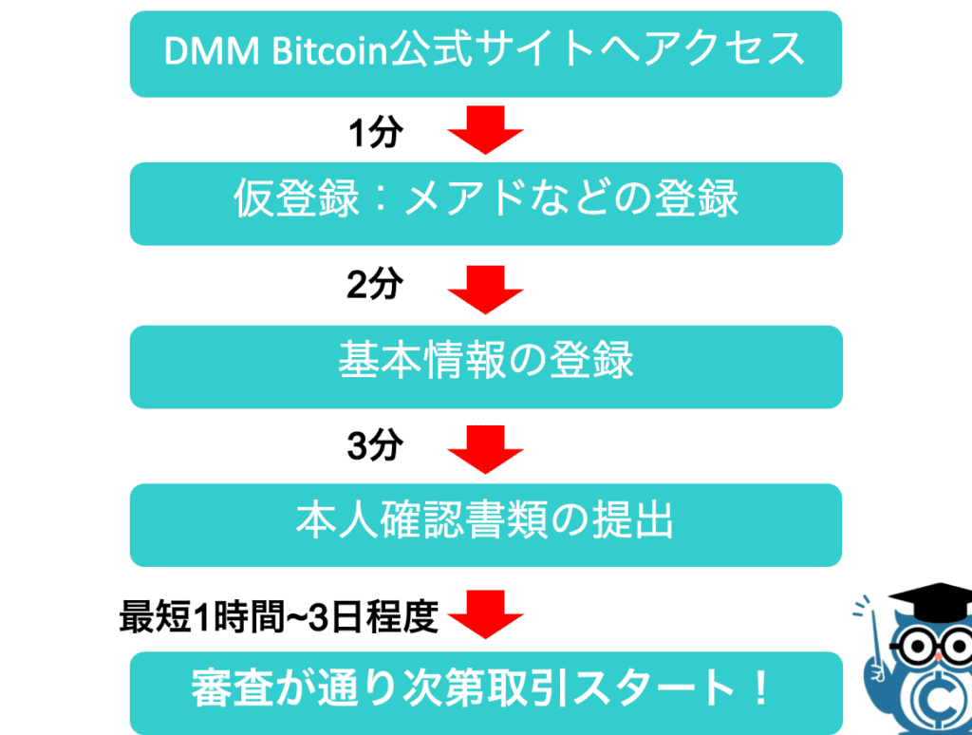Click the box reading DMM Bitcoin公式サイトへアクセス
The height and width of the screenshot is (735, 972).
point(485,54)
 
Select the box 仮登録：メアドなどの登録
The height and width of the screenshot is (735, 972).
point(486,203)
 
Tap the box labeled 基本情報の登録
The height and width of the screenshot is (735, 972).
point(486,367)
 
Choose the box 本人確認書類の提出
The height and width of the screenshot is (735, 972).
point(485,525)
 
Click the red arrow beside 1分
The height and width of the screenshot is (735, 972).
point(485,130)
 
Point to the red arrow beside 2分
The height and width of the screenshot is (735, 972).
point(485,290)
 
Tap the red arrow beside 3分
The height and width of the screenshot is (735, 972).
point(485,450)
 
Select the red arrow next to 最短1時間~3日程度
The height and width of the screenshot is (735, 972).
point(485,614)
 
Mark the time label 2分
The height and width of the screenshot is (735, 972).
point(374,285)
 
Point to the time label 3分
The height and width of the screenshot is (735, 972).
point(374,444)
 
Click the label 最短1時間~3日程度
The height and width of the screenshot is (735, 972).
point(279,616)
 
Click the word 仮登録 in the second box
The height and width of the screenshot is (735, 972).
point(296,198)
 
